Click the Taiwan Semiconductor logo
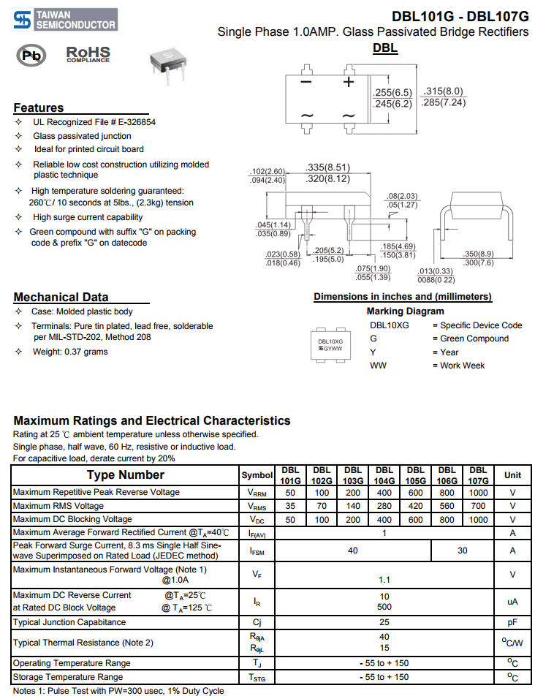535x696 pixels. [x=65, y=20]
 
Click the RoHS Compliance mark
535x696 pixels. [x=88, y=55]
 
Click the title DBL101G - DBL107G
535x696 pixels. [x=460, y=16]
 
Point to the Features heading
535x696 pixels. [x=39, y=107]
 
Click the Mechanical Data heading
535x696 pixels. [x=61, y=297]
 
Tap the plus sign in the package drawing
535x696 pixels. [x=349, y=82]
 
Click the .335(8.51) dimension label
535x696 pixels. [x=328, y=167]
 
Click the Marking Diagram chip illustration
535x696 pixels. [x=330, y=344]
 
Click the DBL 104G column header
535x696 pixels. [x=384, y=475]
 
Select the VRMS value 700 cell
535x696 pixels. [x=478, y=506]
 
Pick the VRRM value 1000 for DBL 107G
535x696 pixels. [x=478, y=493]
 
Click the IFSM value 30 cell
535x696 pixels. [x=462, y=551]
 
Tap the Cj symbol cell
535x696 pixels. [x=257, y=622]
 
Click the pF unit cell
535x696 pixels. [x=512, y=622]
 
